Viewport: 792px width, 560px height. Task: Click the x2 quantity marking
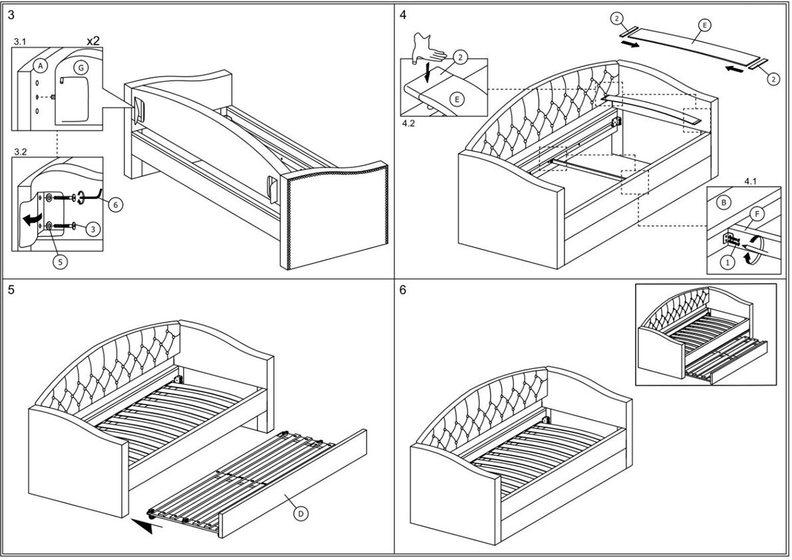[x=93, y=41]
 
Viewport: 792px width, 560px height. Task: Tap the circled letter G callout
[x=80, y=67]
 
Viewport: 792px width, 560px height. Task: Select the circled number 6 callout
[x=114, y=205]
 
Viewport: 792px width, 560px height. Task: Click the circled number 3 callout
[x=93, y=228]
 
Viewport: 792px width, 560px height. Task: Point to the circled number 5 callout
[x=59, y=261]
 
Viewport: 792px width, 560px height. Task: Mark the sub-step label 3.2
[x=21, y=152]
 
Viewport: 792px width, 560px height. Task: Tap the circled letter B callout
[x=725, y=202]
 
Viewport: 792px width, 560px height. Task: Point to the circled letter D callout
[x=301, y=513]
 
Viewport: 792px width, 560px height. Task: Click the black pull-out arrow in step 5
[x=147, y=526]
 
